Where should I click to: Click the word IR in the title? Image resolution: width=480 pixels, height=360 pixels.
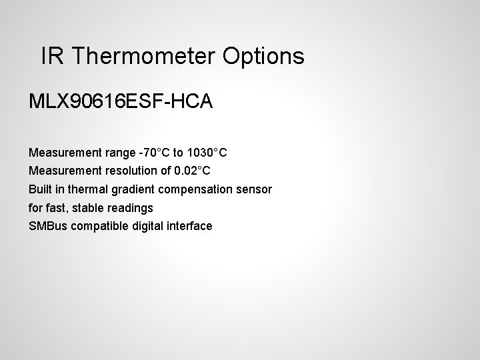pyautogui.click(x=51, y=56)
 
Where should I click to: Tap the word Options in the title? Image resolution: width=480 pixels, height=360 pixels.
pyautogui.click(x=264, y=56)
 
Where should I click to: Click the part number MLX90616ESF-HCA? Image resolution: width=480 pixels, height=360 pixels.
pyautogui.click(x=121, y=102)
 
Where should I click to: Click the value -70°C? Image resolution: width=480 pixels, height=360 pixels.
pyautogui.click(x=155, y=153)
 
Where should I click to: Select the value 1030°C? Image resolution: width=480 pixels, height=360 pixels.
pyautogui.click(x=207, y=153)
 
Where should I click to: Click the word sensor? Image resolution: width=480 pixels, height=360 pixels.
pyautogui.click(x=255, y=189)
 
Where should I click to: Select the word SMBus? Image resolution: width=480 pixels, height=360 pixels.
pyautogui.click(x=47, y=226)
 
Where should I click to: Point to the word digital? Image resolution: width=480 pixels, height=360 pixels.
pyautogui.click(x=147, y=226)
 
